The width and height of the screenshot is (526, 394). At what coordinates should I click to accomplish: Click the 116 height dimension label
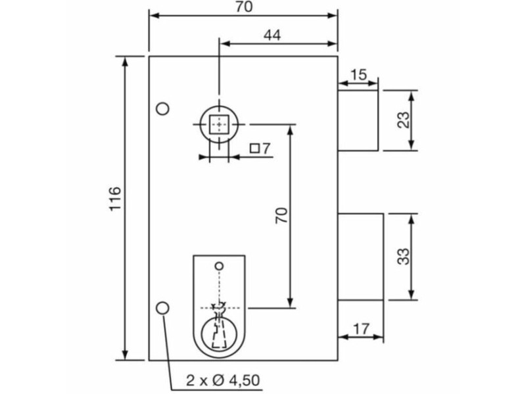(x=115, y=198)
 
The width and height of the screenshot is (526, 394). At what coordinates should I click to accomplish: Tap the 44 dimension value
(x=272, y=35)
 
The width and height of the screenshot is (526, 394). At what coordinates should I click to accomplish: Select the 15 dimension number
(x=359, y=75)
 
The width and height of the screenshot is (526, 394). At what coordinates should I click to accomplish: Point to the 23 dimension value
(x=404, y=120)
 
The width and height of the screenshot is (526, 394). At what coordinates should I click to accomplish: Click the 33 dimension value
(x=404, y=256)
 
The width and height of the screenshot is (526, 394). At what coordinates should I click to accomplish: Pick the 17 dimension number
(x=361, y=329)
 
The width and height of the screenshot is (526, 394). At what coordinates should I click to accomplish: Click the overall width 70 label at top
(x=244, y=7)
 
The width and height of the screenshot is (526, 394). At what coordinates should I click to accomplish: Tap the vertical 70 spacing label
(x=281, y=215)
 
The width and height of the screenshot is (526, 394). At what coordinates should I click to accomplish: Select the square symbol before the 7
(x=255, y=148)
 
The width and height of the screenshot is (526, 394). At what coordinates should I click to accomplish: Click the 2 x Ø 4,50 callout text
(x=223, y=381)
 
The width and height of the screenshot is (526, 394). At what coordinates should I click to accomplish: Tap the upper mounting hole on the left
(x=163, y=108)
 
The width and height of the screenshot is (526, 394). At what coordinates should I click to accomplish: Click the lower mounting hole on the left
(x=163, y=308)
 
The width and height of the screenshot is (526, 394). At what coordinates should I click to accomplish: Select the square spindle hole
(x=219, y=124)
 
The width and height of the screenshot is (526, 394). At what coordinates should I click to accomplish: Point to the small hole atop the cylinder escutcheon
(x=219, y=267)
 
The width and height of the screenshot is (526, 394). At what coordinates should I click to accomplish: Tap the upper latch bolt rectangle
(x=358, y=120)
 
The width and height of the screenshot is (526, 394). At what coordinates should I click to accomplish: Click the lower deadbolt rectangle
(x=360, y=257)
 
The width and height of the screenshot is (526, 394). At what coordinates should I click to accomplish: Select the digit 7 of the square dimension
(x=266, y=148)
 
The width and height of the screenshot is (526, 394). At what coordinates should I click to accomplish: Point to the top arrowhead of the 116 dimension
(x=125, y=62)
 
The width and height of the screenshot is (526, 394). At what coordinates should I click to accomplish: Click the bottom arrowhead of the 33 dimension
(x=412, y=294)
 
